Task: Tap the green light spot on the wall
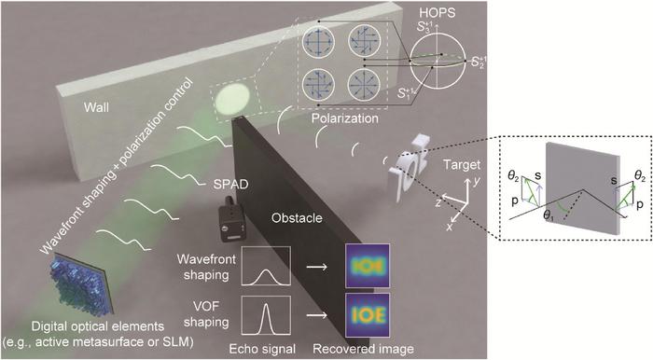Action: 232,98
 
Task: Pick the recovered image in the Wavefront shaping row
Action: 365,266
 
